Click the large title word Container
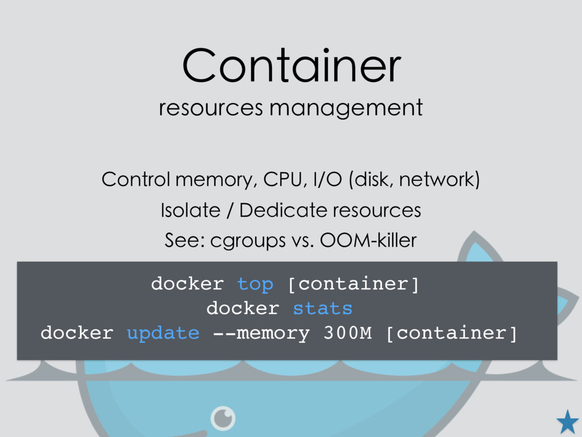pos(292,65)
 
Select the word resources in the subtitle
pos(211,108)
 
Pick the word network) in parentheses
pos(439,179)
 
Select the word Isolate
pos(190,211)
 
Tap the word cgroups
pos(248,241)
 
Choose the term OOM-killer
pos(368,241)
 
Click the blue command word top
pos(255,285)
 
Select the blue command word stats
pos(323,308)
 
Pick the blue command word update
pos(163,333)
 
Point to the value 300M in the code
pos(347,332)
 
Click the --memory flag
pos(261,333)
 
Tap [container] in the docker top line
pos(354,285)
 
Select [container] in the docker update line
pos(451,333)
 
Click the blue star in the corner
pos(568,422)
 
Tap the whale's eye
pos(223,418)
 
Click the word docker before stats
pos(243,308)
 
